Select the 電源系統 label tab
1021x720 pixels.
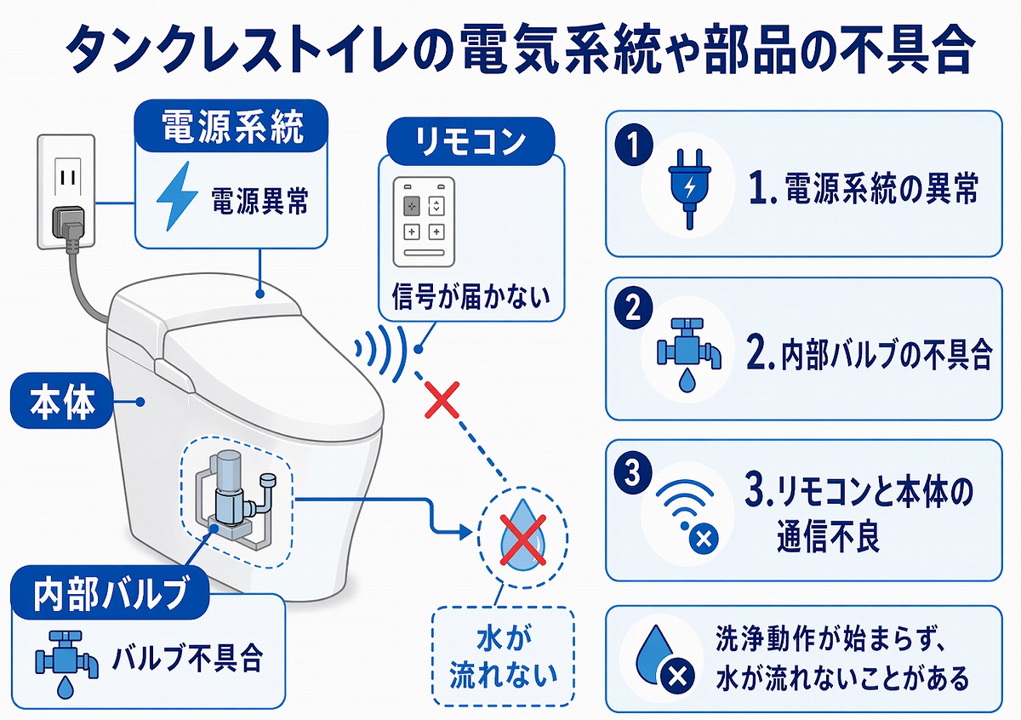tap(231, 129)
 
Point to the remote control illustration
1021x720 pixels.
tap(424, 220)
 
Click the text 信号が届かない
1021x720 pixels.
tap(471, 297)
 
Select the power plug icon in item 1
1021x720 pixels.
tap(688, 188)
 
